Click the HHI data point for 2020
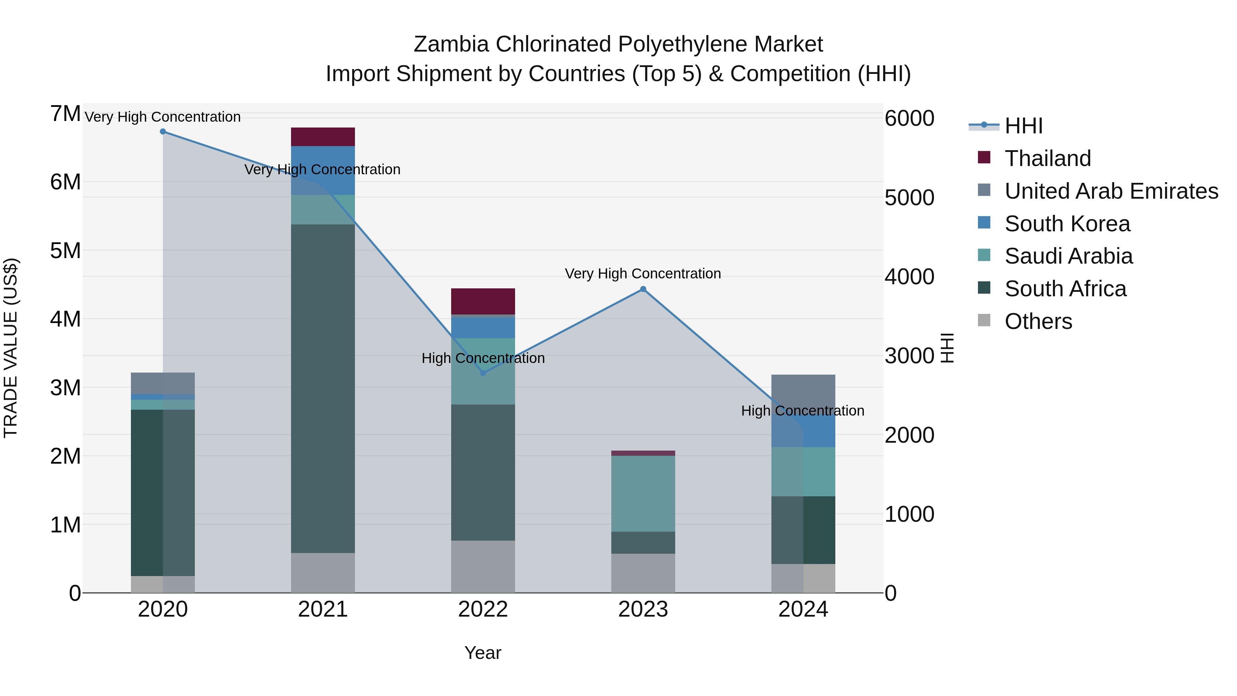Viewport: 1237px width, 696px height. tap(163, 132)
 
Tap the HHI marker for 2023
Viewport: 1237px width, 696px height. tap(643, 289)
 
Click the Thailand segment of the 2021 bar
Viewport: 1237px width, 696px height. tap(323, 137)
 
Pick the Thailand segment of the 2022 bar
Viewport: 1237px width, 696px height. tap(483, 301)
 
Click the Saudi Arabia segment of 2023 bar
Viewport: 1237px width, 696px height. tap(643, 493)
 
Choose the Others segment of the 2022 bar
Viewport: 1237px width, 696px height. tap(483, 566)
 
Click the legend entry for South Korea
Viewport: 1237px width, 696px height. tap(1067, 224)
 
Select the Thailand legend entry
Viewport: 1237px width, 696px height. tap(1048, 158)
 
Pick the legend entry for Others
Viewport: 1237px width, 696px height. tap(1038, 321)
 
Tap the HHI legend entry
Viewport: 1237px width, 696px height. tap(1023, 126)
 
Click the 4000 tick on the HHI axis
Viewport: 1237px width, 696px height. tap(909, 277)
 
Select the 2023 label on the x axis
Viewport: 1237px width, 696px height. tap(643, 609)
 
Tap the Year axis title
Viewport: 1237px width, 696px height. tap(483, 653)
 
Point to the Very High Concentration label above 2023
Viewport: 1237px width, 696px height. tap(643, 274)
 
